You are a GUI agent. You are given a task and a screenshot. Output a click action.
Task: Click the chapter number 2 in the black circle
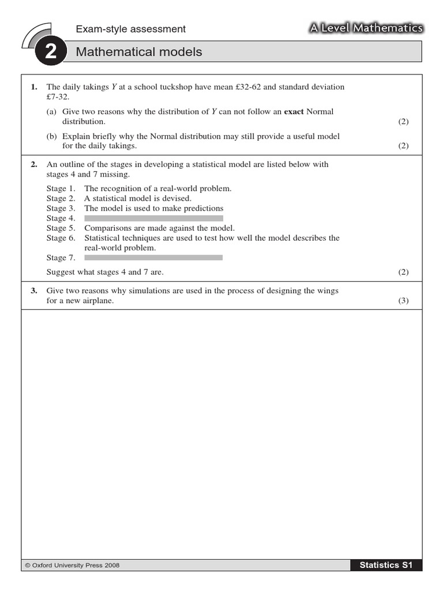(50, 53)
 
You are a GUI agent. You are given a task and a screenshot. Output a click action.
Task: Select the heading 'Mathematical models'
(139, 52)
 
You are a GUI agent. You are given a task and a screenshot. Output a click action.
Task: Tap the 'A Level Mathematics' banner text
(366, 28)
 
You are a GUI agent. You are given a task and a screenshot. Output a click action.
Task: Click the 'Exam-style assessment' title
(131, 29)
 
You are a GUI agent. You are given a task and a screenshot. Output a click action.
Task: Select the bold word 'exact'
(294, 111)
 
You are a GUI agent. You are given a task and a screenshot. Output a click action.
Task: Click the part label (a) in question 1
(52, 111)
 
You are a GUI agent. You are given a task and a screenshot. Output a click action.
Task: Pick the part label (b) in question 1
(52, 136)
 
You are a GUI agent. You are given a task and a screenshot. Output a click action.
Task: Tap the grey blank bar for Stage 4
(153, 218)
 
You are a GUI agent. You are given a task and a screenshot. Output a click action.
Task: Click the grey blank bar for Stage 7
(153, 257)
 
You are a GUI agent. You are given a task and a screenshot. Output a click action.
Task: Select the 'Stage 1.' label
(61, 188)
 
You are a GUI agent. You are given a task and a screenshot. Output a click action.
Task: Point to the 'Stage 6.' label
(61, 238)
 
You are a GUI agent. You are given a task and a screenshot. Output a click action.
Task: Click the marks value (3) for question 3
(403, 301)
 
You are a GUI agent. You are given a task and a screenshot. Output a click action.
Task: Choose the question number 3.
(34, 291)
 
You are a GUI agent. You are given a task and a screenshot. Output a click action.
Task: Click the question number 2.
(34, 164)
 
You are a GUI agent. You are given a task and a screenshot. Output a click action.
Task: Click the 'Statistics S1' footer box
(386, 565)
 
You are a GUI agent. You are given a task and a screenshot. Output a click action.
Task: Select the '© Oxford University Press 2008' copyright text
(72, 566)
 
